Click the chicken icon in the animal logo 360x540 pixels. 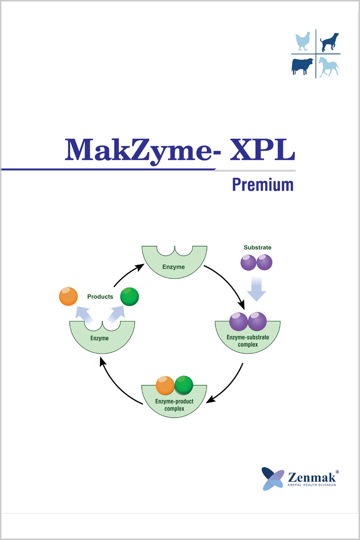pyautogui.click(x=302, y=41)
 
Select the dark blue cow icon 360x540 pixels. pyautogui.click(x=302, y=67)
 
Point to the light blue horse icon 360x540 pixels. pyautogui.click(x=329, y=67)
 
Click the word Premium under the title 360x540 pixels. pyautogui.click(x=263, y=184)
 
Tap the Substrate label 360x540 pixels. pyautogui.click(x=257, y=247)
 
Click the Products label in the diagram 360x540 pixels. pyautogui.click(x=100, y=297)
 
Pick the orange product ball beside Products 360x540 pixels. pyautogui.click(x=68, y=297)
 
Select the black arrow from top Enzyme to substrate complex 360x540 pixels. pyautogui.click(x=228, y=283)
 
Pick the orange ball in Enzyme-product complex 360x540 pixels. pyautogui.click(x=165, y=385)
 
